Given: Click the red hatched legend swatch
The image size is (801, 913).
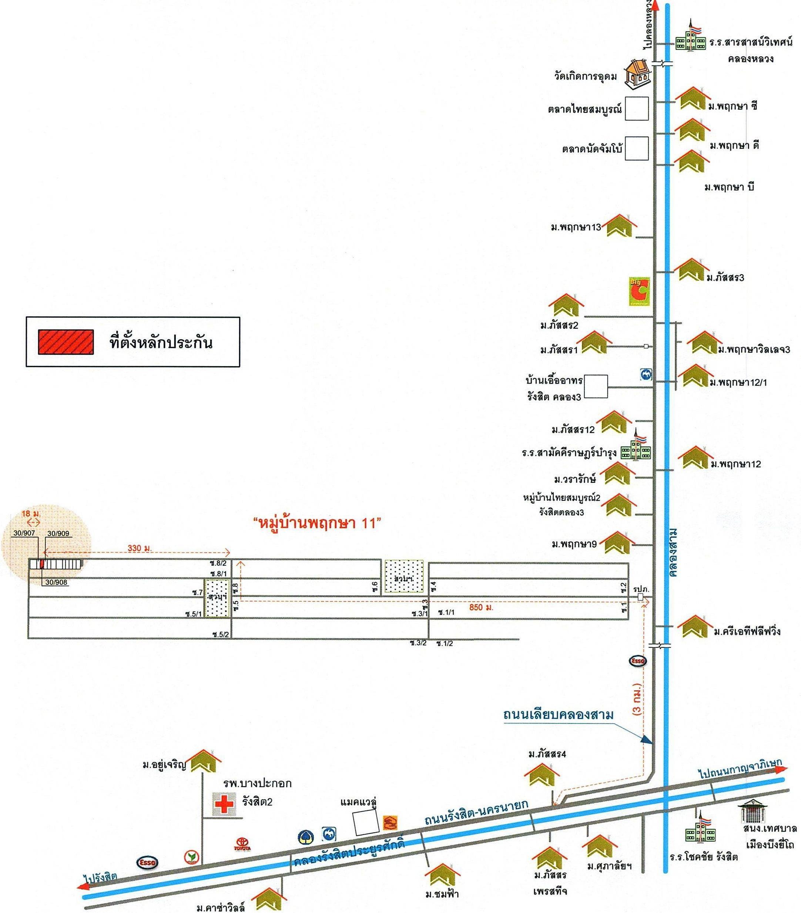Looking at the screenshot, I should [66, 342].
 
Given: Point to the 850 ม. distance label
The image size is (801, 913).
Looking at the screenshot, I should [481, 607].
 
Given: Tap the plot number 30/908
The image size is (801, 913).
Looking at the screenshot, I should [57, 582].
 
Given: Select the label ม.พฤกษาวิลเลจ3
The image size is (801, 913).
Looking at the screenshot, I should [754, 350].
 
